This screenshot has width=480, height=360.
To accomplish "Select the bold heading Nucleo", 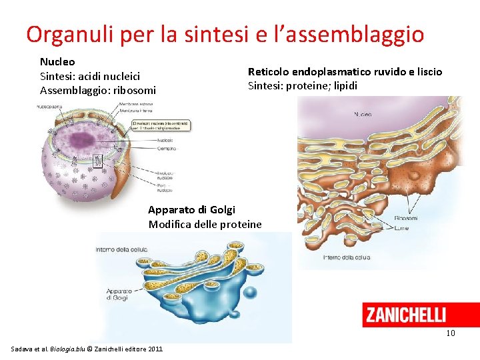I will [57, 61].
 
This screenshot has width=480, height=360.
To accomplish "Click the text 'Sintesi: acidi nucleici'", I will [89, 76].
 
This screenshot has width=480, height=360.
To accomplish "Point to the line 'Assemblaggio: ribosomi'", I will [98, 90].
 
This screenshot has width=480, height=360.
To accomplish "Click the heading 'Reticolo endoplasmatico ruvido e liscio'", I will [345, 72].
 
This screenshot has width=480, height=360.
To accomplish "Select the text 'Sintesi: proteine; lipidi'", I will [303, 85].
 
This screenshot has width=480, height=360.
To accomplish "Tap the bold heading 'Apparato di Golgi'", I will [191, 210].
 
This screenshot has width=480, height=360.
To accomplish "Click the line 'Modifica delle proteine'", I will [205, 224].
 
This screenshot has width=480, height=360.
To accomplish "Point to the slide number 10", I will [451, 333].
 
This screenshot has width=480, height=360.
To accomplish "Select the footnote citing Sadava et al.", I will [87, 349].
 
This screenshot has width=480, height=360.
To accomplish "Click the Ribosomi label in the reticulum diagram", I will [406, 218].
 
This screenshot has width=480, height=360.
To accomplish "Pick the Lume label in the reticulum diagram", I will [402, 229].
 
